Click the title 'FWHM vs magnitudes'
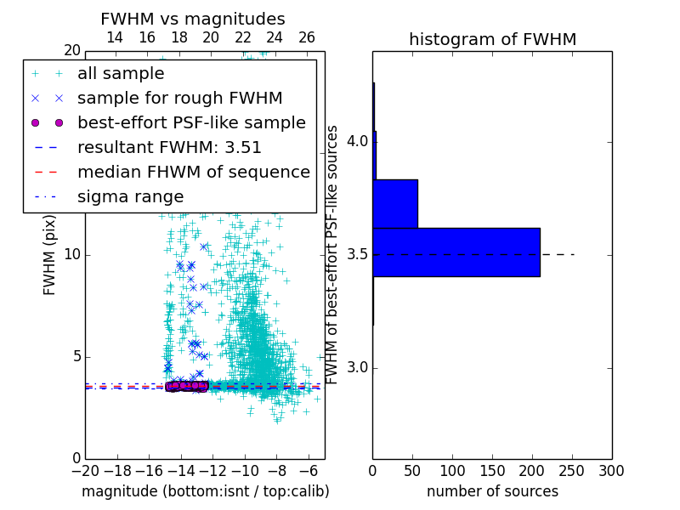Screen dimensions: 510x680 [193, 19]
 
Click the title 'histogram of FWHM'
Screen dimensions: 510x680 [492, 39]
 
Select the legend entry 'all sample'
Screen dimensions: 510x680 [121, 74]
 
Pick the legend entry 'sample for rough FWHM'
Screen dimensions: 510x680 [179, 99]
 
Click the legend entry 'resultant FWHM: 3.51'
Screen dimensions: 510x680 [169, 147]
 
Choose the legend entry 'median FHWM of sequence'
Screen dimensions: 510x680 [193, 172]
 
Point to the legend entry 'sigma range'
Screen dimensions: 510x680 [130, 196]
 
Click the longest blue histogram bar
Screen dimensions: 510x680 [456, 252]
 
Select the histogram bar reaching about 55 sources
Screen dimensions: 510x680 [395, 203]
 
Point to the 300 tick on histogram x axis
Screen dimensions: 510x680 [611, 471]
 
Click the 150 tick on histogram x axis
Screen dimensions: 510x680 [492, 471]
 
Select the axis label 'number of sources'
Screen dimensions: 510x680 [492, 491]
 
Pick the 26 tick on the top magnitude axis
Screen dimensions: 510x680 [307, 37]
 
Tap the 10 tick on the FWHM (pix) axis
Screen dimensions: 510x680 [71, 255]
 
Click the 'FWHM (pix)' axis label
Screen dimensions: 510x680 [50, 255]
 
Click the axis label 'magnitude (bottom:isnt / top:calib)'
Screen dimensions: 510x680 [205, 491]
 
